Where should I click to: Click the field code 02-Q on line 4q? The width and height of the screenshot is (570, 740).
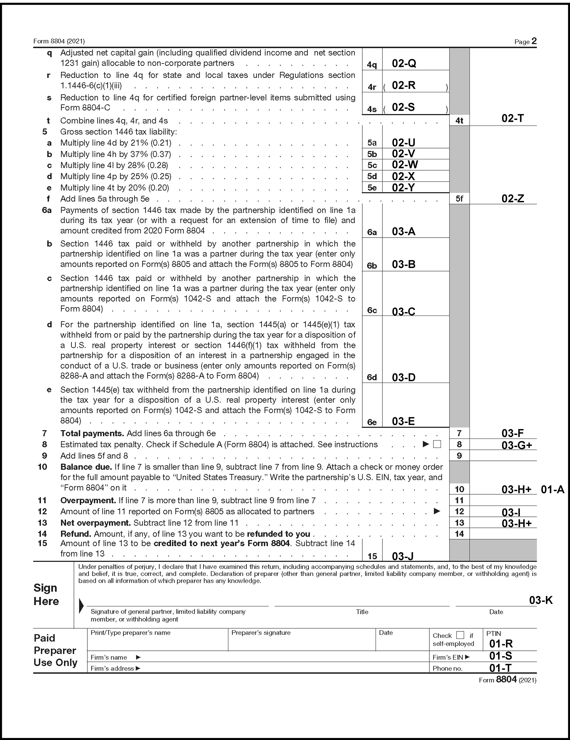[x=403, y=63]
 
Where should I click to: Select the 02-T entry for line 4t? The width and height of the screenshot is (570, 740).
[x=512, y=118]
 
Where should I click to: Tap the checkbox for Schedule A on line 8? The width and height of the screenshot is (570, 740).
[x=437, y=444]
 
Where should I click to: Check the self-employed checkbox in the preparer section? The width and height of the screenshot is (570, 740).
[x=460, y=635]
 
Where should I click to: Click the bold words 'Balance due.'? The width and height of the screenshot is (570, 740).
[x=86, y=467]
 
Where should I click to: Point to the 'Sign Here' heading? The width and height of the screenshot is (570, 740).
[x=46, y=595]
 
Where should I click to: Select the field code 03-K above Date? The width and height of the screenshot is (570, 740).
[x=541, y=600]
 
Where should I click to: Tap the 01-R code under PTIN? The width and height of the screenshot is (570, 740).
[x=501, y=644]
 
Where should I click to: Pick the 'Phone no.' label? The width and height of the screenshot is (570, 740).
[x=448, y=669]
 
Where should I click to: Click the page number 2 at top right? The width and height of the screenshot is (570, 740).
[x=534, y=41]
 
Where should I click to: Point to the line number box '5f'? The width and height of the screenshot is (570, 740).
[x=459, y=199]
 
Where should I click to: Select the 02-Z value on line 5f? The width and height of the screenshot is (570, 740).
[x=512, y=198]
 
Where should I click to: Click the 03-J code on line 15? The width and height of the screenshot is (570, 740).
[x=402, y=556]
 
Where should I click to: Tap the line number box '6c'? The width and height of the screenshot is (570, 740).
[x=372, y=310]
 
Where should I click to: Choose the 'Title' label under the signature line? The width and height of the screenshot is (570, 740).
[x=362, y=612]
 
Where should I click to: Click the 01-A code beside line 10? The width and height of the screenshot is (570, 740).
[x=552, y=489]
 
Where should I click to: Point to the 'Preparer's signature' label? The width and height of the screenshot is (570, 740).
[x=261, y=633]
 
